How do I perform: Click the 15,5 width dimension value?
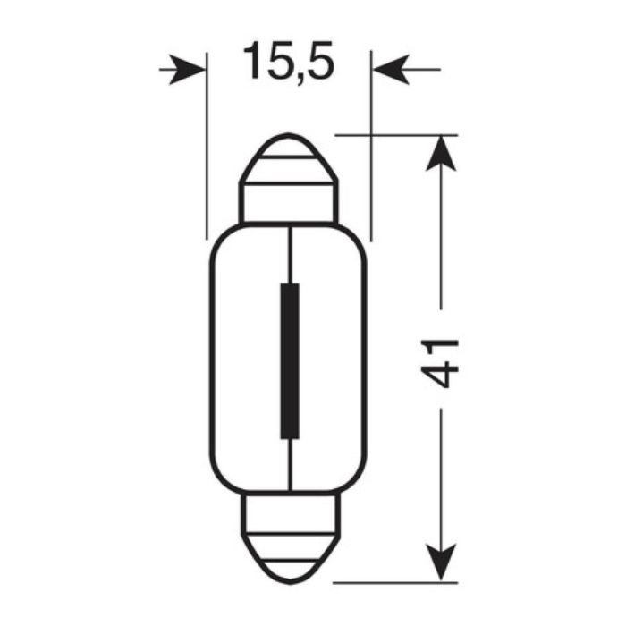[288, 63]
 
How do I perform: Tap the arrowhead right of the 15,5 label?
[387, 69]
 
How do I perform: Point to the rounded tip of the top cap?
[288, 143]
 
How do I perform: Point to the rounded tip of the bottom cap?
[288, 572]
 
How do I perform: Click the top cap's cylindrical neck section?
[288, 203]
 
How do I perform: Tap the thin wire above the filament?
[290, 255]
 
